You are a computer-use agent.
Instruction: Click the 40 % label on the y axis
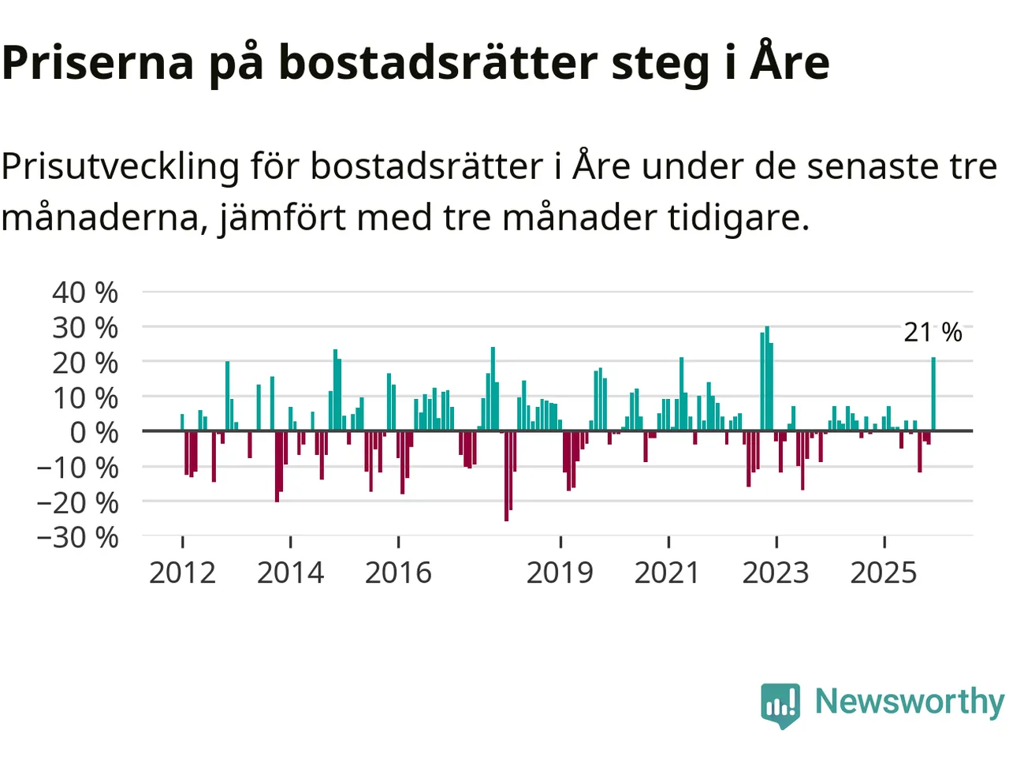click(85, 293)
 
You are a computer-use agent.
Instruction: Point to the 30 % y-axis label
click(85, 327)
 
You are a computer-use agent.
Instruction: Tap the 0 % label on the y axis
click(94, 432)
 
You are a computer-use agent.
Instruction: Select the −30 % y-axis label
click(77, 537)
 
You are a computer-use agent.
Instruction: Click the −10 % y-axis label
click(77, 468)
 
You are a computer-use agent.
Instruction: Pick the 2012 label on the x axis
click(182, 572)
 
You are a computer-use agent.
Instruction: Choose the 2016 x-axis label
click(398, 572)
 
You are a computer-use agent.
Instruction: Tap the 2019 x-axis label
click(560, 572)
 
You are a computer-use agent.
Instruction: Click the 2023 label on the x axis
click(776, 572)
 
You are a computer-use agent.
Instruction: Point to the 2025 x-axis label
click(884, 572)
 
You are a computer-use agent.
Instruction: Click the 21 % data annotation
click(933, 332)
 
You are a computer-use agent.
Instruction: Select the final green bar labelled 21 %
click(933, 394)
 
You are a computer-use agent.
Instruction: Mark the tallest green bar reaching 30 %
click(767, 378)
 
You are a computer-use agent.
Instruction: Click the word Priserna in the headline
click(98, 63)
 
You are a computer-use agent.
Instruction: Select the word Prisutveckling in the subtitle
click(120, 167)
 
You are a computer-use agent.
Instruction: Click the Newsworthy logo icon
click(780, 703)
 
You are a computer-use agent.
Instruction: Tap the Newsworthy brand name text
click(909, 701)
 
